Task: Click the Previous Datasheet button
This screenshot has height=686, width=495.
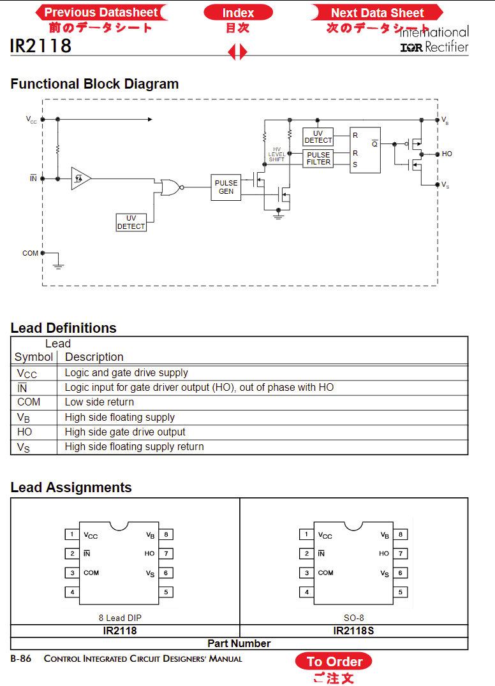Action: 101,12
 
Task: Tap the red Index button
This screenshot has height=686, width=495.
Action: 238,13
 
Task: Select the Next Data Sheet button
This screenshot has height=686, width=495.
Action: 377,13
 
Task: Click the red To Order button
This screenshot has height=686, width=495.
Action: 334,661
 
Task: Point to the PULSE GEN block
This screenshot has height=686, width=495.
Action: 226,187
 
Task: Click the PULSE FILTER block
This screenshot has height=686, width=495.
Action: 318,158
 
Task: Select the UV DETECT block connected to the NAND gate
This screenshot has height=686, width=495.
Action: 131,223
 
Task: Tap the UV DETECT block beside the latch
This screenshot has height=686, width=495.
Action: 318,136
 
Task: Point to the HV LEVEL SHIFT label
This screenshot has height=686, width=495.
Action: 277,154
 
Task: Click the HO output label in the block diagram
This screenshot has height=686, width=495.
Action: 447,154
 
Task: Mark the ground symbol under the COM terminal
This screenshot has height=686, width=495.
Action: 58,265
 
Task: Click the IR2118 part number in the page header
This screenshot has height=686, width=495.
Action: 41,45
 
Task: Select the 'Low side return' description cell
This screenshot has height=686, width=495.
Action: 100,402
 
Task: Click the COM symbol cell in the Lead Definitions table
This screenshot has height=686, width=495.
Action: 29,402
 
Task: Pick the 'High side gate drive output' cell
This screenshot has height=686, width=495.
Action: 125,432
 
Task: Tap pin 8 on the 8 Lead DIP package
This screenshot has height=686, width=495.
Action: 166,534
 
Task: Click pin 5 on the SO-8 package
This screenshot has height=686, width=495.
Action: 401,592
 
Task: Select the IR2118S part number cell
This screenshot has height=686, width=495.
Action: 353,631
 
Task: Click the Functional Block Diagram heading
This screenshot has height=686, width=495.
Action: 94,84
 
